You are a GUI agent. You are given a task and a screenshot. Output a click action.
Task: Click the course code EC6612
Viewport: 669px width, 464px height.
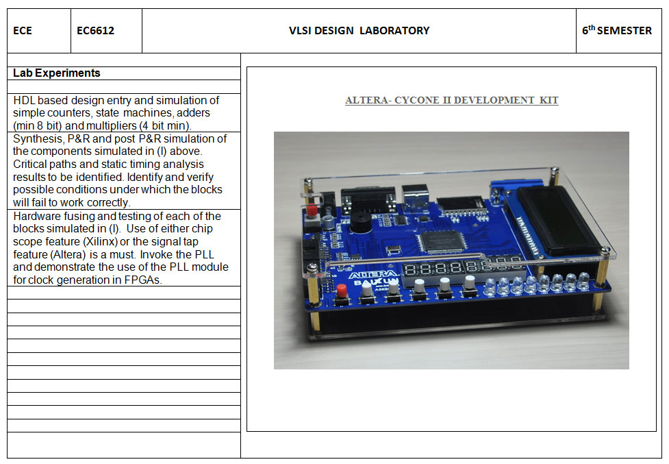[x=95, y=31]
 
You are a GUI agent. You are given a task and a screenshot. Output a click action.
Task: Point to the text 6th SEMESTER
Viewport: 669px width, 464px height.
[x=617, y=30]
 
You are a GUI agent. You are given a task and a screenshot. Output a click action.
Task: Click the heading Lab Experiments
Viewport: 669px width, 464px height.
[x=57, y=73]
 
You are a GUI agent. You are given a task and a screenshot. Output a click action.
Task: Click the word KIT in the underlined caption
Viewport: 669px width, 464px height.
[x=548, y=100]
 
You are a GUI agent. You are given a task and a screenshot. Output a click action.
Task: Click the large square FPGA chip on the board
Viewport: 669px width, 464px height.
[x=442, y=241]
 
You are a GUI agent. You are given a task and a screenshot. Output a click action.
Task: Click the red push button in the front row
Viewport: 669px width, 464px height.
[x=341, y=291]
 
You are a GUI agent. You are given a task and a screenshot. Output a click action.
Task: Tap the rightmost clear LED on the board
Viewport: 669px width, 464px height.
[x=583, y=281]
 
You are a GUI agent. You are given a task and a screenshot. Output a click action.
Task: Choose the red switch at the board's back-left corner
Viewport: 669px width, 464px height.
[x=312, y=211]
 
